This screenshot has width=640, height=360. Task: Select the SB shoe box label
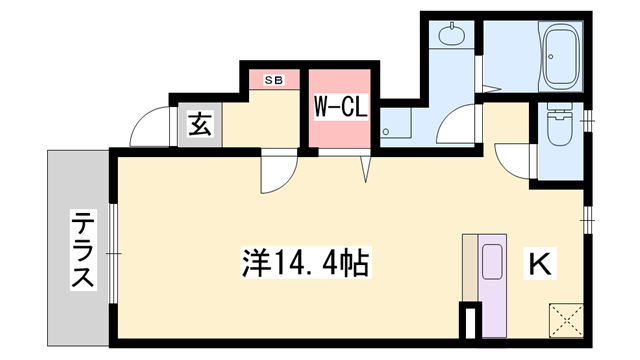[x=273, y=80]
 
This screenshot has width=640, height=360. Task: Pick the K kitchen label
[x=538, y=265]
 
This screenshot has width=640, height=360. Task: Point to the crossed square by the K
[x=564, y=320]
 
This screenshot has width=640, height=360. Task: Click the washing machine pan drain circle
[x=389, y=129]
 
